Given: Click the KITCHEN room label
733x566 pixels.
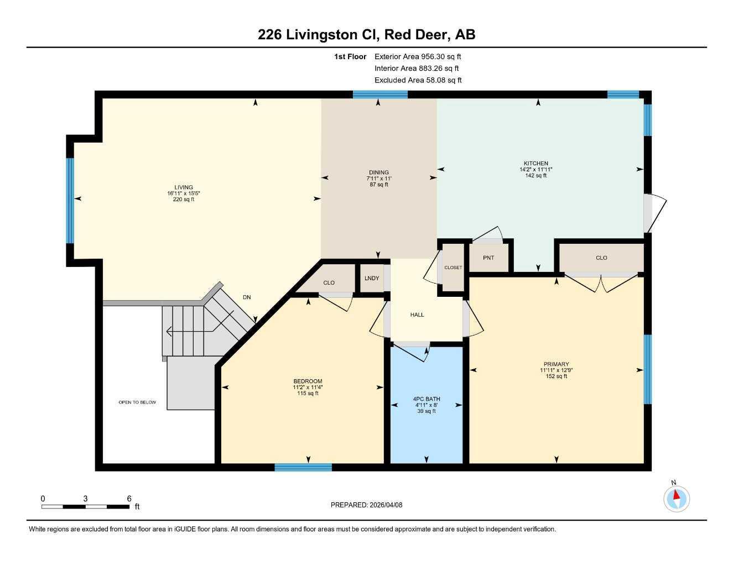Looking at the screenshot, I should coord(536,163).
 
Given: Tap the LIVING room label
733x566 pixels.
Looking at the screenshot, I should coord(184,187).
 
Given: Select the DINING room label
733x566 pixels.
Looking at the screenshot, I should coord(379,172).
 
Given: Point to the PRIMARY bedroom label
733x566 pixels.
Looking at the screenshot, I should coord(556,364).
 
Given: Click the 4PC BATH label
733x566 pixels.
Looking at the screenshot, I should coord(426,399).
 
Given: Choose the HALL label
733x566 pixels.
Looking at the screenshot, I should coord(417,315).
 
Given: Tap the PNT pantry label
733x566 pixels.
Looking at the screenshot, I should coord(488,258).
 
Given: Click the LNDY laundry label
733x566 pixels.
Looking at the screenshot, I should coord(372,278).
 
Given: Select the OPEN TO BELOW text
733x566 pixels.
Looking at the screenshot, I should coord(137,402).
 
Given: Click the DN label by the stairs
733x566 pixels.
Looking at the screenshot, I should coord(247,297).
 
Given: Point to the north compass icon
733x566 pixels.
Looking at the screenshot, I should coord(676,498).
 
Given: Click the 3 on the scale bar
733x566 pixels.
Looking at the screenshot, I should coord(85,499).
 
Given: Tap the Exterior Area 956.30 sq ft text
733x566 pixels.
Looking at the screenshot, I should coord(418,56).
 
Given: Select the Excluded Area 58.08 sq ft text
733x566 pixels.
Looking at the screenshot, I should coord(418,80).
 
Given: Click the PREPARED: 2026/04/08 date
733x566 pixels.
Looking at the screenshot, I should coord(366,505).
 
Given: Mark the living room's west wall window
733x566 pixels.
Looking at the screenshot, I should coord(70,201).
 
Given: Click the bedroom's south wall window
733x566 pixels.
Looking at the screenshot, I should coord(303,468).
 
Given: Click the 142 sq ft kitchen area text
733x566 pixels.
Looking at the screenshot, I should coord(536,176).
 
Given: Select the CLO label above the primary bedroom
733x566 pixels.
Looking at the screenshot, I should coord(601,258).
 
